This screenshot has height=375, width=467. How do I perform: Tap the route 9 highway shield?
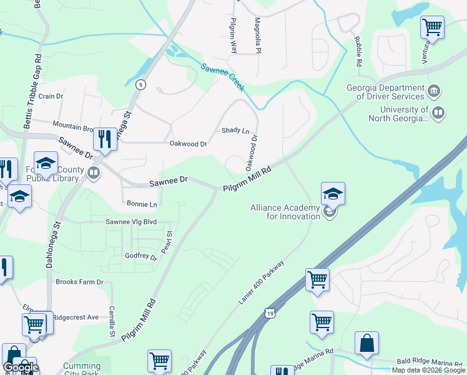(x=142, y=85)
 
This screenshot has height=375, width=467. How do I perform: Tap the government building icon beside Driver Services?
(x=433, y=92)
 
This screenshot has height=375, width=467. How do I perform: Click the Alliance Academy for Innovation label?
(x=285, y=212)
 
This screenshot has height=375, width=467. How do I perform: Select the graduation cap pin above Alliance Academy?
(x=333, y=194)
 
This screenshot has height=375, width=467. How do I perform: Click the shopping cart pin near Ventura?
(x=432, y=28)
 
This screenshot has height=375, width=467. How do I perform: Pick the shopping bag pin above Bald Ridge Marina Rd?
(x=366, y=344)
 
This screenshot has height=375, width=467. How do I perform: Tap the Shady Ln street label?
(x=235, y=131)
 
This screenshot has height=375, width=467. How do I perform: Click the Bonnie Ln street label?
(x=142, y=204)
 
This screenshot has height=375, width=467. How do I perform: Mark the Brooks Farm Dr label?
(x=79, y=282)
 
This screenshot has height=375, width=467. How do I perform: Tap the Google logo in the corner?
(x=21, y=367)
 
